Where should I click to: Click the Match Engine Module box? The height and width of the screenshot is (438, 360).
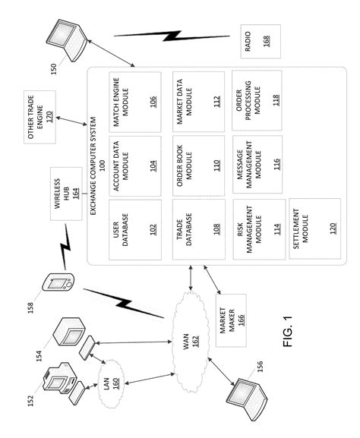point(135,102)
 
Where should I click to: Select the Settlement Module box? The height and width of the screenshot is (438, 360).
point(315,228)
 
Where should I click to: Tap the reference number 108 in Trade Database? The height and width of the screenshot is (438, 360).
point(216,229)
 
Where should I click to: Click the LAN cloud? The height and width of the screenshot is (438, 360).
point(111,383)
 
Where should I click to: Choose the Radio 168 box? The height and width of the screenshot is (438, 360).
point(261,41)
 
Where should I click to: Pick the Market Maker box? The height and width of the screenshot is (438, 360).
point(231,320)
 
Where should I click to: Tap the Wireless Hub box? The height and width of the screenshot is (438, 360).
point(66,194)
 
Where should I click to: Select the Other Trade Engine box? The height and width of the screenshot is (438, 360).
point(39,117)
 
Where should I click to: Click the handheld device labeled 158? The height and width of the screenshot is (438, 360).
point(58,282)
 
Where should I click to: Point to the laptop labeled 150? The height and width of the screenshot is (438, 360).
point(68,40)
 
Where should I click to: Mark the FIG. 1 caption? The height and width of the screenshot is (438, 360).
point(288,331)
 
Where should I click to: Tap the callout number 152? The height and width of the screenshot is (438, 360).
point(30,401)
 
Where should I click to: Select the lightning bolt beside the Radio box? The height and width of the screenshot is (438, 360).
point(172,36)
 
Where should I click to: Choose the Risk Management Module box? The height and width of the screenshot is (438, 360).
point(260,229)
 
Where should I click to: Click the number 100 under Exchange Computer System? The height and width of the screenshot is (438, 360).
point(102,165)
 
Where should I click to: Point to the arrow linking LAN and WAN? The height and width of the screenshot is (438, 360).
point(150,378)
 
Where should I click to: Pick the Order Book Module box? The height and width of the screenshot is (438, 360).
point(198,165)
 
